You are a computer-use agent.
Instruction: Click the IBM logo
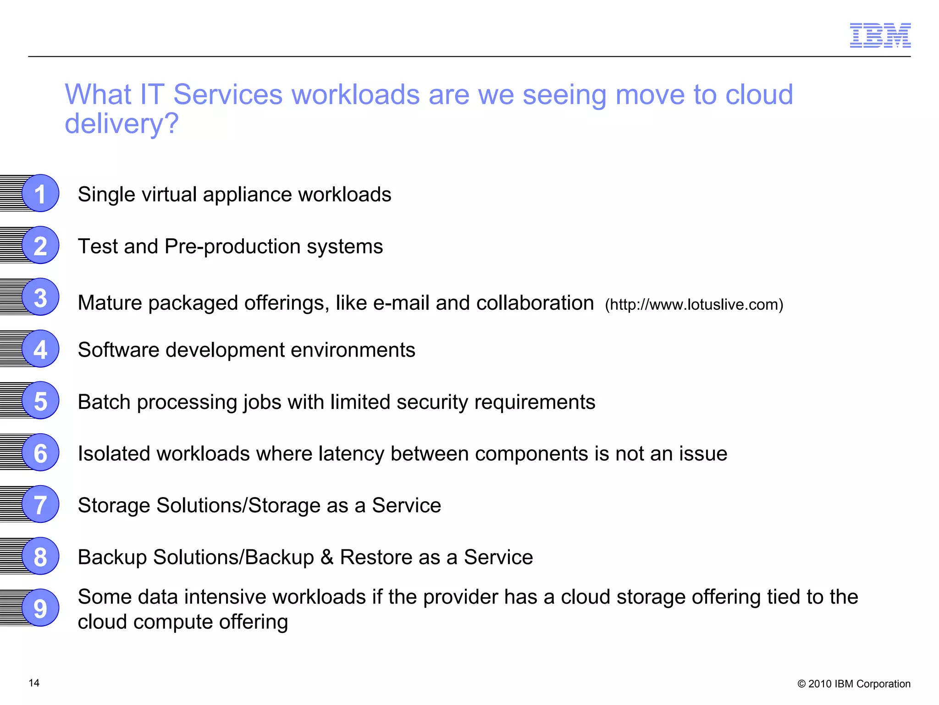tap(880, 35)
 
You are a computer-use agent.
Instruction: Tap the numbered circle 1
tap(40, 193)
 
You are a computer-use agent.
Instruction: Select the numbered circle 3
tap(40, 297)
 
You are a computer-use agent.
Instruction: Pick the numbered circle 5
tap(40, 401)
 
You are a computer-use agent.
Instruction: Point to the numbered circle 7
tap(40, 504)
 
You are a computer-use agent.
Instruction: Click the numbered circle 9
tap(40, 608)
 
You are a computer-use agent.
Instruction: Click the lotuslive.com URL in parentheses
tap(694, 304)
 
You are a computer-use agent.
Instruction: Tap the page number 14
tap(34, 683)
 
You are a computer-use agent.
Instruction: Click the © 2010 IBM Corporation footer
tap(854, 684)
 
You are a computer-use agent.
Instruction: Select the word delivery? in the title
tap(122, 123)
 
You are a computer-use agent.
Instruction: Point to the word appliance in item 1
tap(247, 195)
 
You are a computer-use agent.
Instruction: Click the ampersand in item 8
tap(327, 557)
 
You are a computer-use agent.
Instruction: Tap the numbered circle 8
tap(40, 556)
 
